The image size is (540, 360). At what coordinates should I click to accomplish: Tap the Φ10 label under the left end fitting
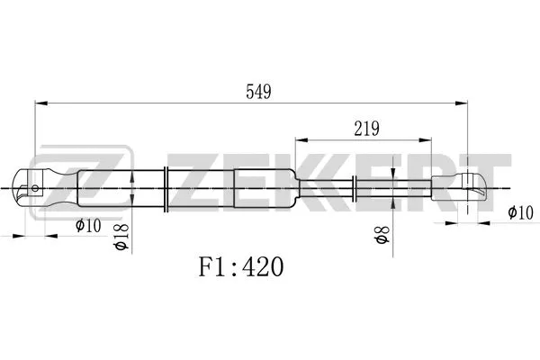[x=86, y=225]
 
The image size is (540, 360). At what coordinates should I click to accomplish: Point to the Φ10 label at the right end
[x=520, y=212]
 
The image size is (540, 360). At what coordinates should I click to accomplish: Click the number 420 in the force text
[x=263, y=267]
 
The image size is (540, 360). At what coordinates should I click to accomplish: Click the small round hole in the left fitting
[x=35, y=189]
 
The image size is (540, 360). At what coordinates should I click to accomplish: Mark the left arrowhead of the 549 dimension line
[x=39, y=103]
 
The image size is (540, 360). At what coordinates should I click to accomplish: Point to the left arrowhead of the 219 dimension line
[x=300, y=140]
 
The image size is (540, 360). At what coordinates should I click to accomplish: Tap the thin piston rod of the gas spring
[x=396, y=189]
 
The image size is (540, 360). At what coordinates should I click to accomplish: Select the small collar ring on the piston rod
[x=357, y=189]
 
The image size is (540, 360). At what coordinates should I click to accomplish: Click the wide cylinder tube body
[x=198, y=189]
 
